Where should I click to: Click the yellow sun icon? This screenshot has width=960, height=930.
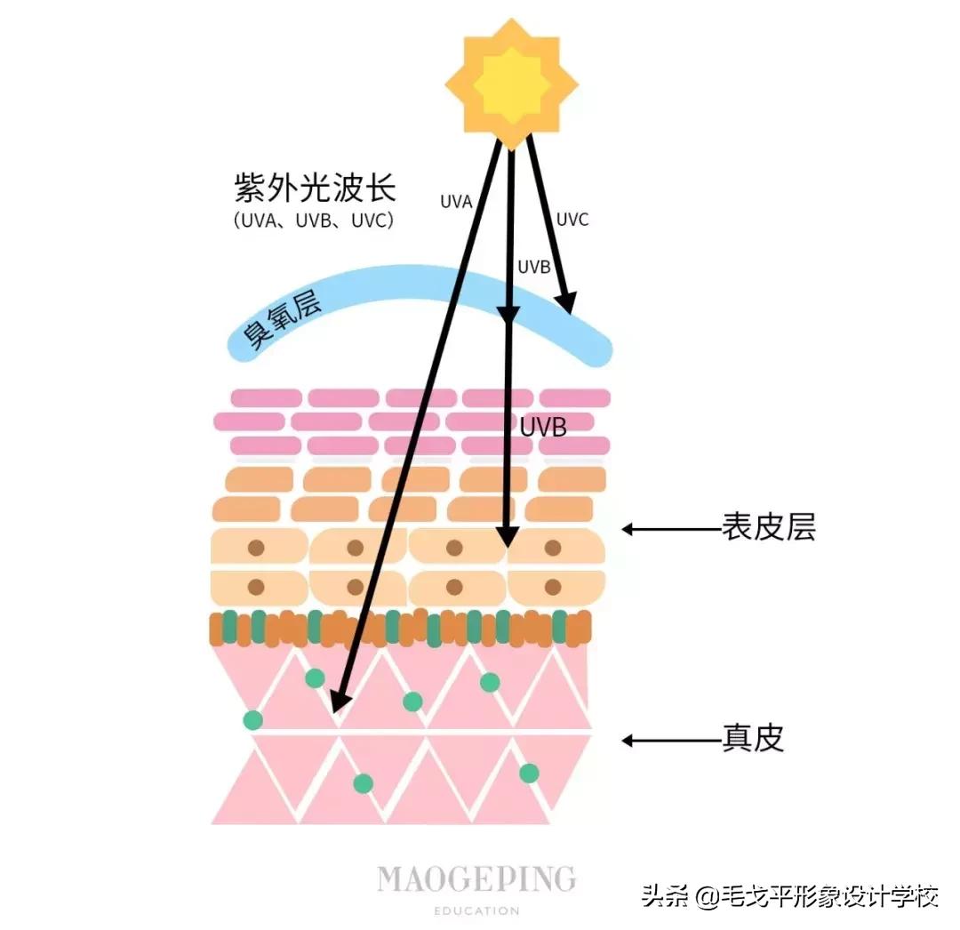(511, 85)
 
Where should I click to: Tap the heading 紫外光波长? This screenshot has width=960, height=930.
(315, 188)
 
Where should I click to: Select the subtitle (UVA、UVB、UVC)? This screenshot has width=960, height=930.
(314, 220)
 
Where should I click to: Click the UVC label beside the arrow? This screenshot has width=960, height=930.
(572, 220)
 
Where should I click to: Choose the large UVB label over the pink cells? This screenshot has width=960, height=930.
(543, 427)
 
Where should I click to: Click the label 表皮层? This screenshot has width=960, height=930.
(769, 528)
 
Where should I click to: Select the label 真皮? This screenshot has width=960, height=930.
(754, 739)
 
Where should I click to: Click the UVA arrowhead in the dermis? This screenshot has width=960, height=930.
(338, 702)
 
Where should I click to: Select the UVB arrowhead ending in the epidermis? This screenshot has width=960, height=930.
(507, 537)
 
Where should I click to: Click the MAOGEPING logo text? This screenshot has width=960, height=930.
(476, 878)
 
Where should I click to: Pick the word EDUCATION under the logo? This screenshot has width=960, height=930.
(476, 910)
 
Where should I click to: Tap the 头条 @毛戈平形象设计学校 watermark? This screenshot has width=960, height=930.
(789, 896)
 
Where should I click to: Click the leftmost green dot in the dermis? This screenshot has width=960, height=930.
(253, 719)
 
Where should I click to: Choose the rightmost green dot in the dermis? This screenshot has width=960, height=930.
(529, 773)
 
